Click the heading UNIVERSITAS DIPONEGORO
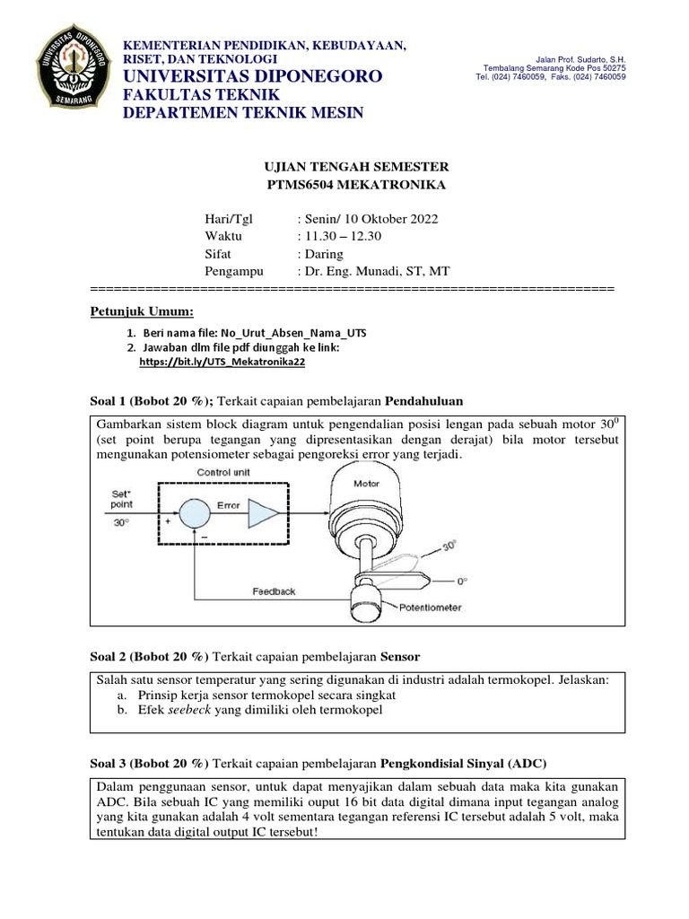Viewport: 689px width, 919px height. (x=252, y=76)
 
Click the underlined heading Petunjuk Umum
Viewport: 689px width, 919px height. (x=143, y=311)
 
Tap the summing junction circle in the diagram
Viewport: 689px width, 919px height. (x=191, y=514)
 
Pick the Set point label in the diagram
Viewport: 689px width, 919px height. (x=120, y=498)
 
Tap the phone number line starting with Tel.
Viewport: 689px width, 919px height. (x=550, y=77)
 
